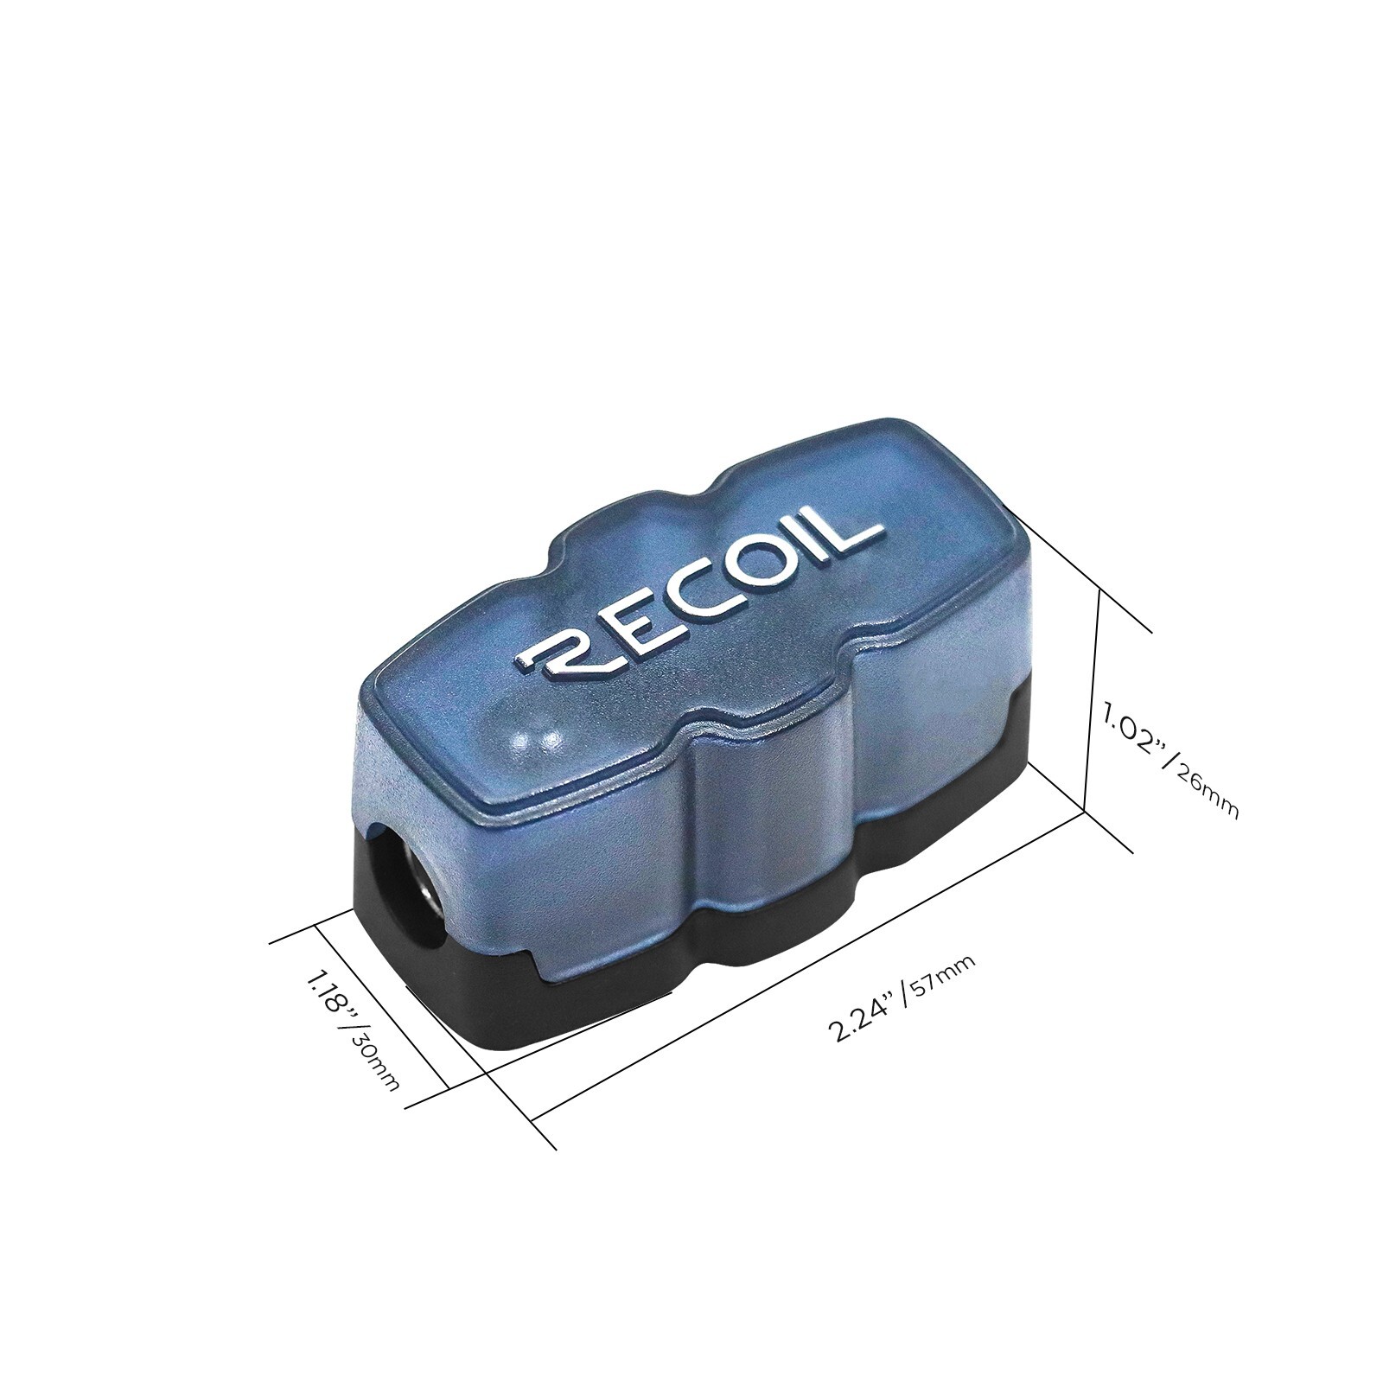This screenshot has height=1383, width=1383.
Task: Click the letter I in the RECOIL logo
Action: click(x=800, y=554)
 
